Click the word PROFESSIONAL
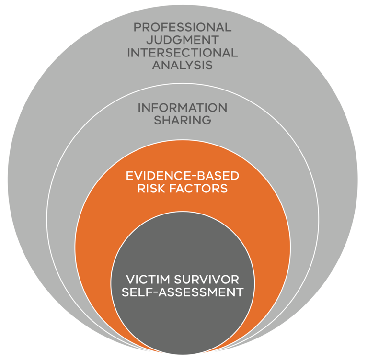(182, 27)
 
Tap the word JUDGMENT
(182, 40)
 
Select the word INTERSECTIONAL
(182, 53)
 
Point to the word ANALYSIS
(182, 65)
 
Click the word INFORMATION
(182, 108)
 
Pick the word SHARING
(182, 120)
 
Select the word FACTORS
(199, 189)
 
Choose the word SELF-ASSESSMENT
(182, 292)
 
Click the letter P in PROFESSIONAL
(138, 27)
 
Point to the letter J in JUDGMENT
(150, 40)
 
